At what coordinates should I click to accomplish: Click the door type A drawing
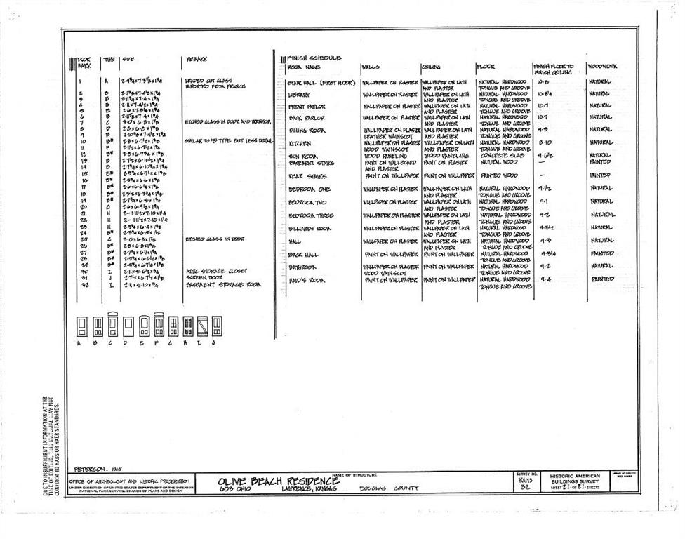81,326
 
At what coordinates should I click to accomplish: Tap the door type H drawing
189,326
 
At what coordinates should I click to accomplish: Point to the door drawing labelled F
159,326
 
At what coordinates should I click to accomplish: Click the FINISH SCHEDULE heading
314,58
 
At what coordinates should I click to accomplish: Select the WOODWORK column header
603,67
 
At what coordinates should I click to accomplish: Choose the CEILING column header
431,67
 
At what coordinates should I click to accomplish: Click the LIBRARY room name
300,93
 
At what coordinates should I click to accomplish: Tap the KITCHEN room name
300,142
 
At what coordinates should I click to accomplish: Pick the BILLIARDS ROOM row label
310,228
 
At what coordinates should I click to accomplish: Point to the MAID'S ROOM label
307,280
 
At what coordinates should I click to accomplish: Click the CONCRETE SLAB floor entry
501,156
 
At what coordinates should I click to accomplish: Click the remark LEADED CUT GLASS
208,81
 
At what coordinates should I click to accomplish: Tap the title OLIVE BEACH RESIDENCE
279,481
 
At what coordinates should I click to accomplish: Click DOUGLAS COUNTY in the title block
389,488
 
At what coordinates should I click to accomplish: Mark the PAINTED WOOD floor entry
499,175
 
